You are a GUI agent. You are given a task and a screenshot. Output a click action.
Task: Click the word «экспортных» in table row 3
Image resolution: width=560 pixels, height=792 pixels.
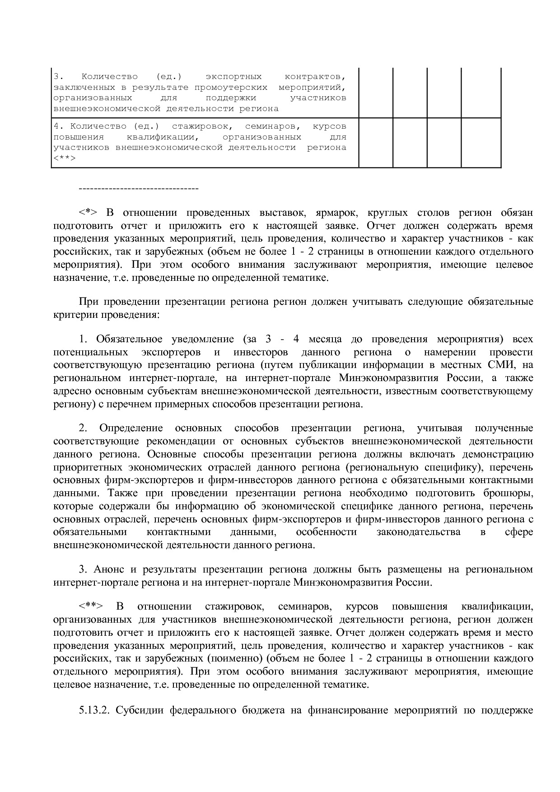point(233,76)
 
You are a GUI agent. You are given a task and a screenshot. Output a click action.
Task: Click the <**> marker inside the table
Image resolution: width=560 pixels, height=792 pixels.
point(64,158)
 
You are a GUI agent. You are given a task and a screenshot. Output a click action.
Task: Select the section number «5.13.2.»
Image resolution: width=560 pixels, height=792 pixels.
point(94,710)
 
